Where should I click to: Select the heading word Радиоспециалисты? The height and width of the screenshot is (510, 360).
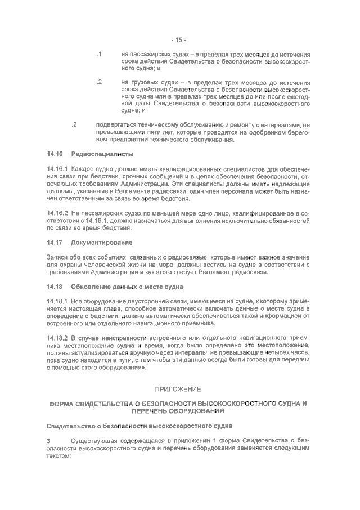coord(102,154)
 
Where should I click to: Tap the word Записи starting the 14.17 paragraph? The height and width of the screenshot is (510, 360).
coord(57,258)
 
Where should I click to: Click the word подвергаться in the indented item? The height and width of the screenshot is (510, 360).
coord(118,124)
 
